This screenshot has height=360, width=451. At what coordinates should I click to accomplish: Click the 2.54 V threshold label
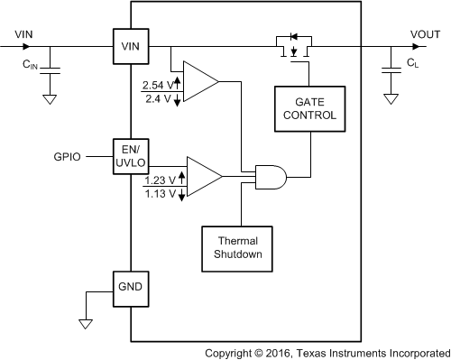157,85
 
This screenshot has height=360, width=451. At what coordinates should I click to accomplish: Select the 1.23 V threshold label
161,180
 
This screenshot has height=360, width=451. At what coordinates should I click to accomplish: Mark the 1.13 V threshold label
161,193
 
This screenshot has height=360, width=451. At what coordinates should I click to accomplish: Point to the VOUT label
425,34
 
